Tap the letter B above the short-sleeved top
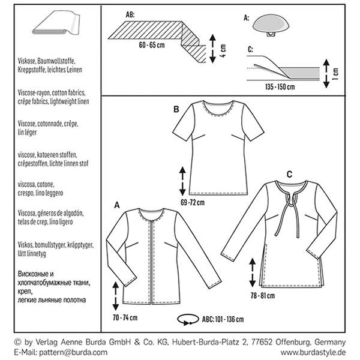(x=176, y=109)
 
